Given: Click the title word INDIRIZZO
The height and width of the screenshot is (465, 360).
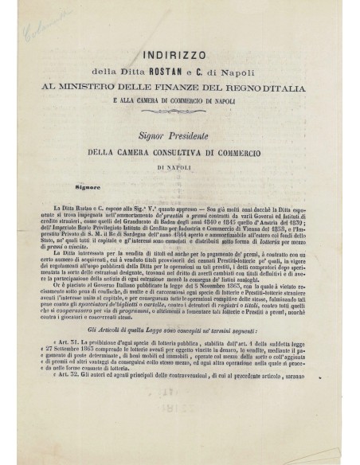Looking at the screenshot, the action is tap(179, 57).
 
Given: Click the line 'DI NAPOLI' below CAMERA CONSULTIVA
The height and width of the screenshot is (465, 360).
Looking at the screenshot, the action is tap(179, 146).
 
